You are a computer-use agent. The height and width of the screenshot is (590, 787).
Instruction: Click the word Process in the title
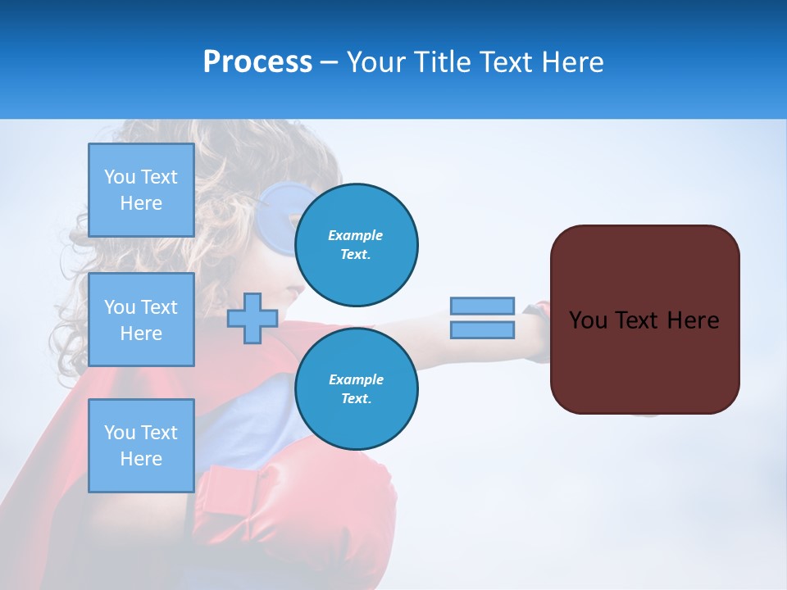(x=257, y=62)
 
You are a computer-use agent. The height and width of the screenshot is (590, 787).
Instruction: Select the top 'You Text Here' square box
(x=141, y=190)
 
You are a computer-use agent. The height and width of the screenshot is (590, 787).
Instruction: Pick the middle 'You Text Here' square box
(x=141, y=320)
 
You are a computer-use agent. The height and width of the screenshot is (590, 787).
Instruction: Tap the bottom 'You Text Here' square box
(x=141, y=445)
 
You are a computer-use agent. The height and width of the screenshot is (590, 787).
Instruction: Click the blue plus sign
(x=252, y=319)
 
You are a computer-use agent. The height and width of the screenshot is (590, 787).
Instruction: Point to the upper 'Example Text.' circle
(x=356, y=244)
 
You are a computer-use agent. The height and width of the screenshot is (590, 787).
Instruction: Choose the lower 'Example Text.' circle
(x=356, y=388)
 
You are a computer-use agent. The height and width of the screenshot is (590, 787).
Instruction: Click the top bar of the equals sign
(x=482, y=306)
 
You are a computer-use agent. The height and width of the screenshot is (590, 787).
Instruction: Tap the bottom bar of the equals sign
(x=482, y=330)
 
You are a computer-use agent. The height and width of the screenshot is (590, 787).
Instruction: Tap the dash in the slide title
(x=329, y=62)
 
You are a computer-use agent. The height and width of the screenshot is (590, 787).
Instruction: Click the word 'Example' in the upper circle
(x=356, y=235)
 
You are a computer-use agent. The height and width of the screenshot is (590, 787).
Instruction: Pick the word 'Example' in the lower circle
(x=356, y=379)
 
